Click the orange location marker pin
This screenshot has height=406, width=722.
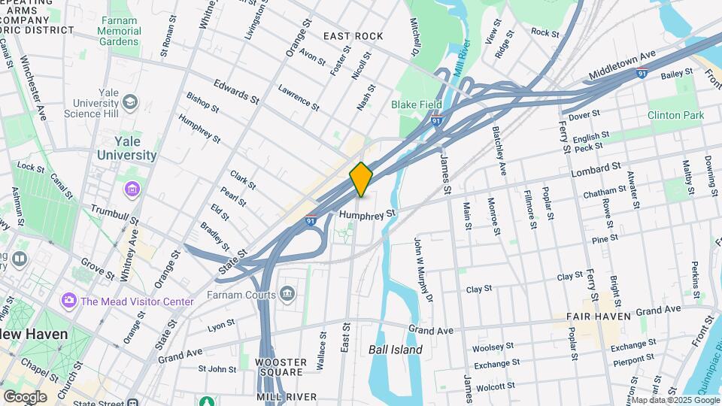tap(361, 179)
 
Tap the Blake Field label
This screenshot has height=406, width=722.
tap(409, 106)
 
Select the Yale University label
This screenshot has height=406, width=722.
tap(126, 148)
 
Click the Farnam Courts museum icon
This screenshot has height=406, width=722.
tap(287, 292)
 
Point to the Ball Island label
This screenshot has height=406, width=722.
tap(395, 350)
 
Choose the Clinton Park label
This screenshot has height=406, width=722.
tap(675, 116)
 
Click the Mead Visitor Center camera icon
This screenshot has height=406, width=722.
tap(69, 301)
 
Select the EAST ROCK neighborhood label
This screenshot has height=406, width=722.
tap(353, 36)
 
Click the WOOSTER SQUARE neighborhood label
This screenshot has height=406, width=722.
tap(281, 367)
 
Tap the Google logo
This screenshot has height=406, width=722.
tap(25, 396)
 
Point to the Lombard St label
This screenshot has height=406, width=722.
tap(596, 168)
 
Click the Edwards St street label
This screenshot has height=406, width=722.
tap(236, 93)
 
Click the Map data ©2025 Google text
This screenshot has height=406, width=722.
tap(675, 400)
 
